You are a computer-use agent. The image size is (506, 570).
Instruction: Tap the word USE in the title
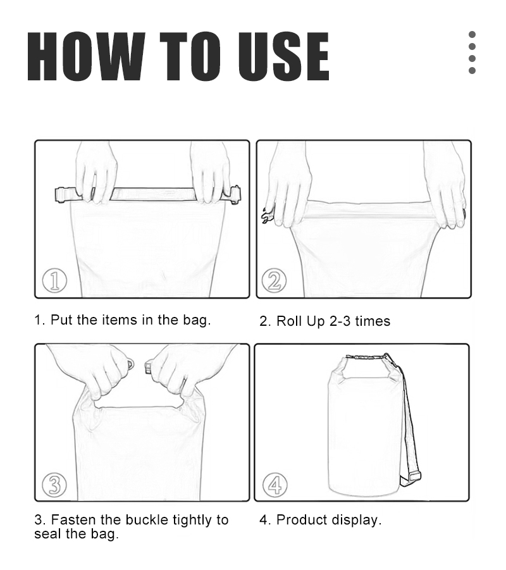(x=283, y=56)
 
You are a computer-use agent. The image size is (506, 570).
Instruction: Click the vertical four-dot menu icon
(x=472, y=53)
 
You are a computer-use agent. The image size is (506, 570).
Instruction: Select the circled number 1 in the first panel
(x=54, y=281)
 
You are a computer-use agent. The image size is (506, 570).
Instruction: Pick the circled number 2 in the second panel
(x=274, y=280)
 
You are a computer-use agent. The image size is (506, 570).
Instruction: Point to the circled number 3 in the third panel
(x=54, y=485)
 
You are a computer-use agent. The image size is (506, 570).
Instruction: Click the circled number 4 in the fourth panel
(x=275, y=485)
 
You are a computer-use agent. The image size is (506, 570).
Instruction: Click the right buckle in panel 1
(x=235, y=196)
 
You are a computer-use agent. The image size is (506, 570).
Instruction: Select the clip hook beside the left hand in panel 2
(x=267, y=216)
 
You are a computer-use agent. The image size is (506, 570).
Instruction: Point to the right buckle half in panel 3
(x=148, y=366)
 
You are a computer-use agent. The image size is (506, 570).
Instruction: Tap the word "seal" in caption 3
(x=47, y=534)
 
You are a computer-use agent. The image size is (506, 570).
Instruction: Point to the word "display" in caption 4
(x=355, y=521)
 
